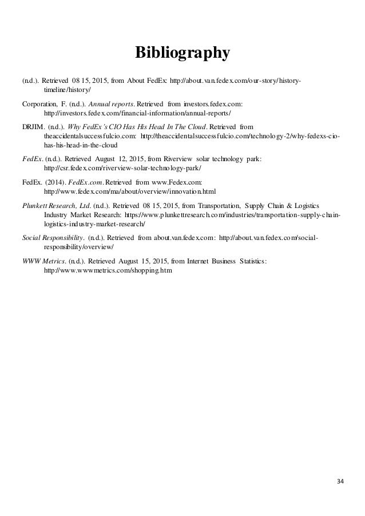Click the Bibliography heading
click(182, 54)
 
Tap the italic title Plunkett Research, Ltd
click(55, 205)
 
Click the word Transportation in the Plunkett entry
click(219, 205)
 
